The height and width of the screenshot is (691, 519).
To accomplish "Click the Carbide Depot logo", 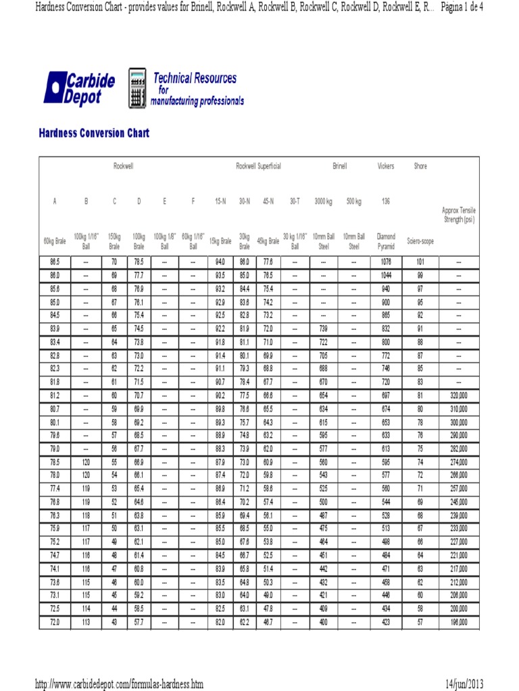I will click(79, 88).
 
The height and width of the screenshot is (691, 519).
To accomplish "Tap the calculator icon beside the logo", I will click(138, 88).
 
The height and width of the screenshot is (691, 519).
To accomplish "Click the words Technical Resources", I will click(195, 78).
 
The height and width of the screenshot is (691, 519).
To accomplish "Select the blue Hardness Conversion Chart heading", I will click(94, 133).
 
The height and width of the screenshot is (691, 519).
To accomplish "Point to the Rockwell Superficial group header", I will click(258, 166).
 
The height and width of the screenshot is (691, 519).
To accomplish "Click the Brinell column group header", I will click(339, 166).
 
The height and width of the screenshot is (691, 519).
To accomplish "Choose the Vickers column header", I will click(386, 166).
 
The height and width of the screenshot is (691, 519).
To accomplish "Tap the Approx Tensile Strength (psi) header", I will click(459, 215).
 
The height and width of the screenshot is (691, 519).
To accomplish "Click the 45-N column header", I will click(268, 201).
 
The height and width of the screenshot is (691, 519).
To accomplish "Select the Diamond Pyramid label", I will click(386, 241).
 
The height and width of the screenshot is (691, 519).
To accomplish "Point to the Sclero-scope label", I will click(420, 241).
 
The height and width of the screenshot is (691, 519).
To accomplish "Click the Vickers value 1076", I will click(386, 262).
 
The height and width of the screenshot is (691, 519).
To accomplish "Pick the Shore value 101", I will click(420, 262).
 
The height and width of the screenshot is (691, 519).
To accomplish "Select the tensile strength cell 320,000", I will click(459, 395).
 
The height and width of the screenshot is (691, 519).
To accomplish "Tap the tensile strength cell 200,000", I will click(459, 609).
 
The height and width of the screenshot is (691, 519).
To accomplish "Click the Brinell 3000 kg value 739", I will click(323, 329).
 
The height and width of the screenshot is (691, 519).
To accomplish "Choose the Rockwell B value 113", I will click(86, 622).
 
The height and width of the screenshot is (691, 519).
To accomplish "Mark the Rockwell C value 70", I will click(114, 262).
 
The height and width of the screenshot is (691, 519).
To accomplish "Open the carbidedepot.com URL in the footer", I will click(119, 684).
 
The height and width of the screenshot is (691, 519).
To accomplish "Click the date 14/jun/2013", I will click(464, 684).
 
